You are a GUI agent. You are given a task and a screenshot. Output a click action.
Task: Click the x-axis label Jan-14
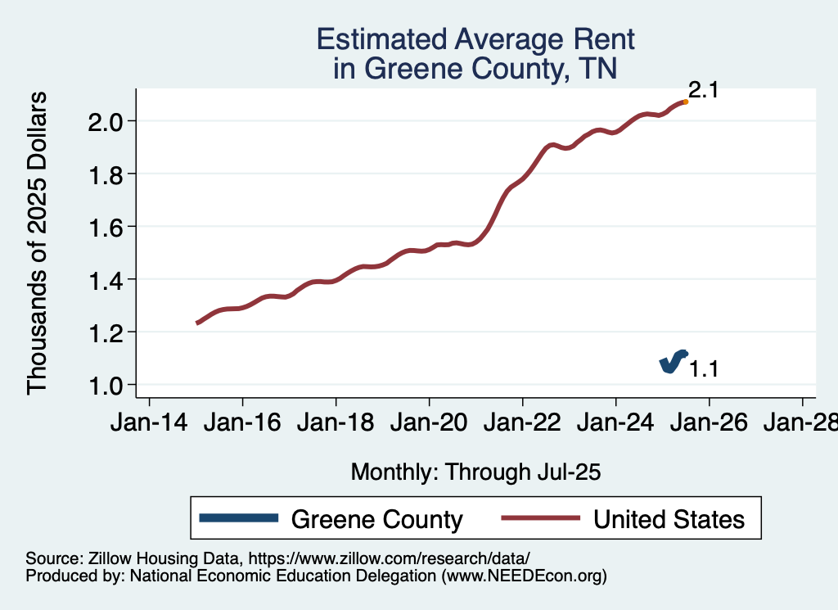[x=149, y=423]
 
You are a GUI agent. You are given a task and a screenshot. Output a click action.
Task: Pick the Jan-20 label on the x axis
[x=429, y=423]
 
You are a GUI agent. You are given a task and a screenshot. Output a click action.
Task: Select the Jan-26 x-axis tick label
[x=709, y=423]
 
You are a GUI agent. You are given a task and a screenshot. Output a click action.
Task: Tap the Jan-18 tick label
[x=336, y=423]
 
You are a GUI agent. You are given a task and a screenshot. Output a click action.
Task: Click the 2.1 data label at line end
[x=702, y=90]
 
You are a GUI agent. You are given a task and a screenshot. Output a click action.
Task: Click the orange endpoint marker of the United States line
[x=685, y=102]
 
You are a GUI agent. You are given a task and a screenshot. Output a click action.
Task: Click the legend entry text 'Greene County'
[x=376, y=519]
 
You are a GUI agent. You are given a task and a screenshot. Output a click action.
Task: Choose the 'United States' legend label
[x=669, y=519]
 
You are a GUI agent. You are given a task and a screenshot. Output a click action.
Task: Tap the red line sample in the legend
[x=540, y=519]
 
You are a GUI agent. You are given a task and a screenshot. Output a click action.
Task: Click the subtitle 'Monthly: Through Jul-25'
[x=475, y=472]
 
